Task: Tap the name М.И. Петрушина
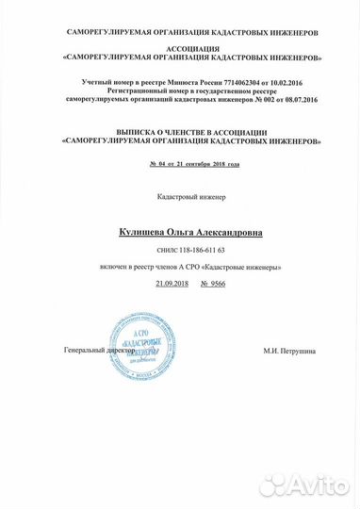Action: (x=289, y=351)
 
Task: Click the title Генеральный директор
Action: (x=93, y=350)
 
